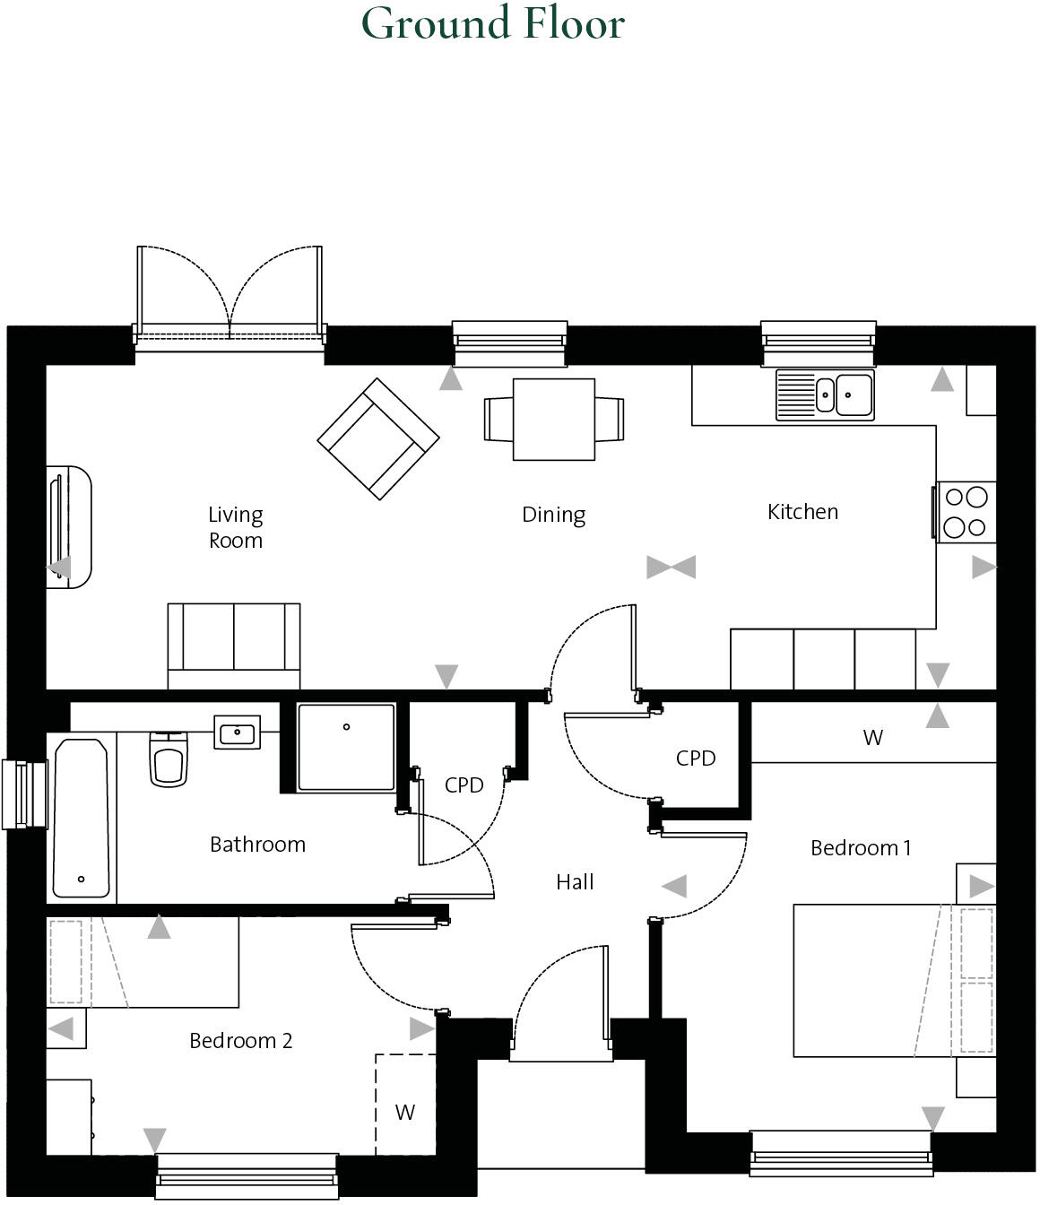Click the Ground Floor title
tap(492, 23)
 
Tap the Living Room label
tap(236, 527)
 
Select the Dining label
tap(553, 515)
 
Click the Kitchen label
tap(802, 512)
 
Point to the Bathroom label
tap(257, 845)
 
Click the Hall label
tap(575, 882)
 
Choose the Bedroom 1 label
tap(861, 848)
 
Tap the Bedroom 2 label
tap(240, 1041)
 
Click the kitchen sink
tap(825, 394)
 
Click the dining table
tap(554, 419)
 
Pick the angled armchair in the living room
tap(378, 438)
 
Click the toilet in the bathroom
tap(169, 760)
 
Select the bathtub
tap(82, 818)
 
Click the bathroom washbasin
tap(237, 732)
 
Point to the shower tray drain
tap(346, 727)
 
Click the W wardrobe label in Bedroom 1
tap(872, 738)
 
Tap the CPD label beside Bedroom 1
tap(696, 759)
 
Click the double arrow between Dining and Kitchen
tap(671, 567)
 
